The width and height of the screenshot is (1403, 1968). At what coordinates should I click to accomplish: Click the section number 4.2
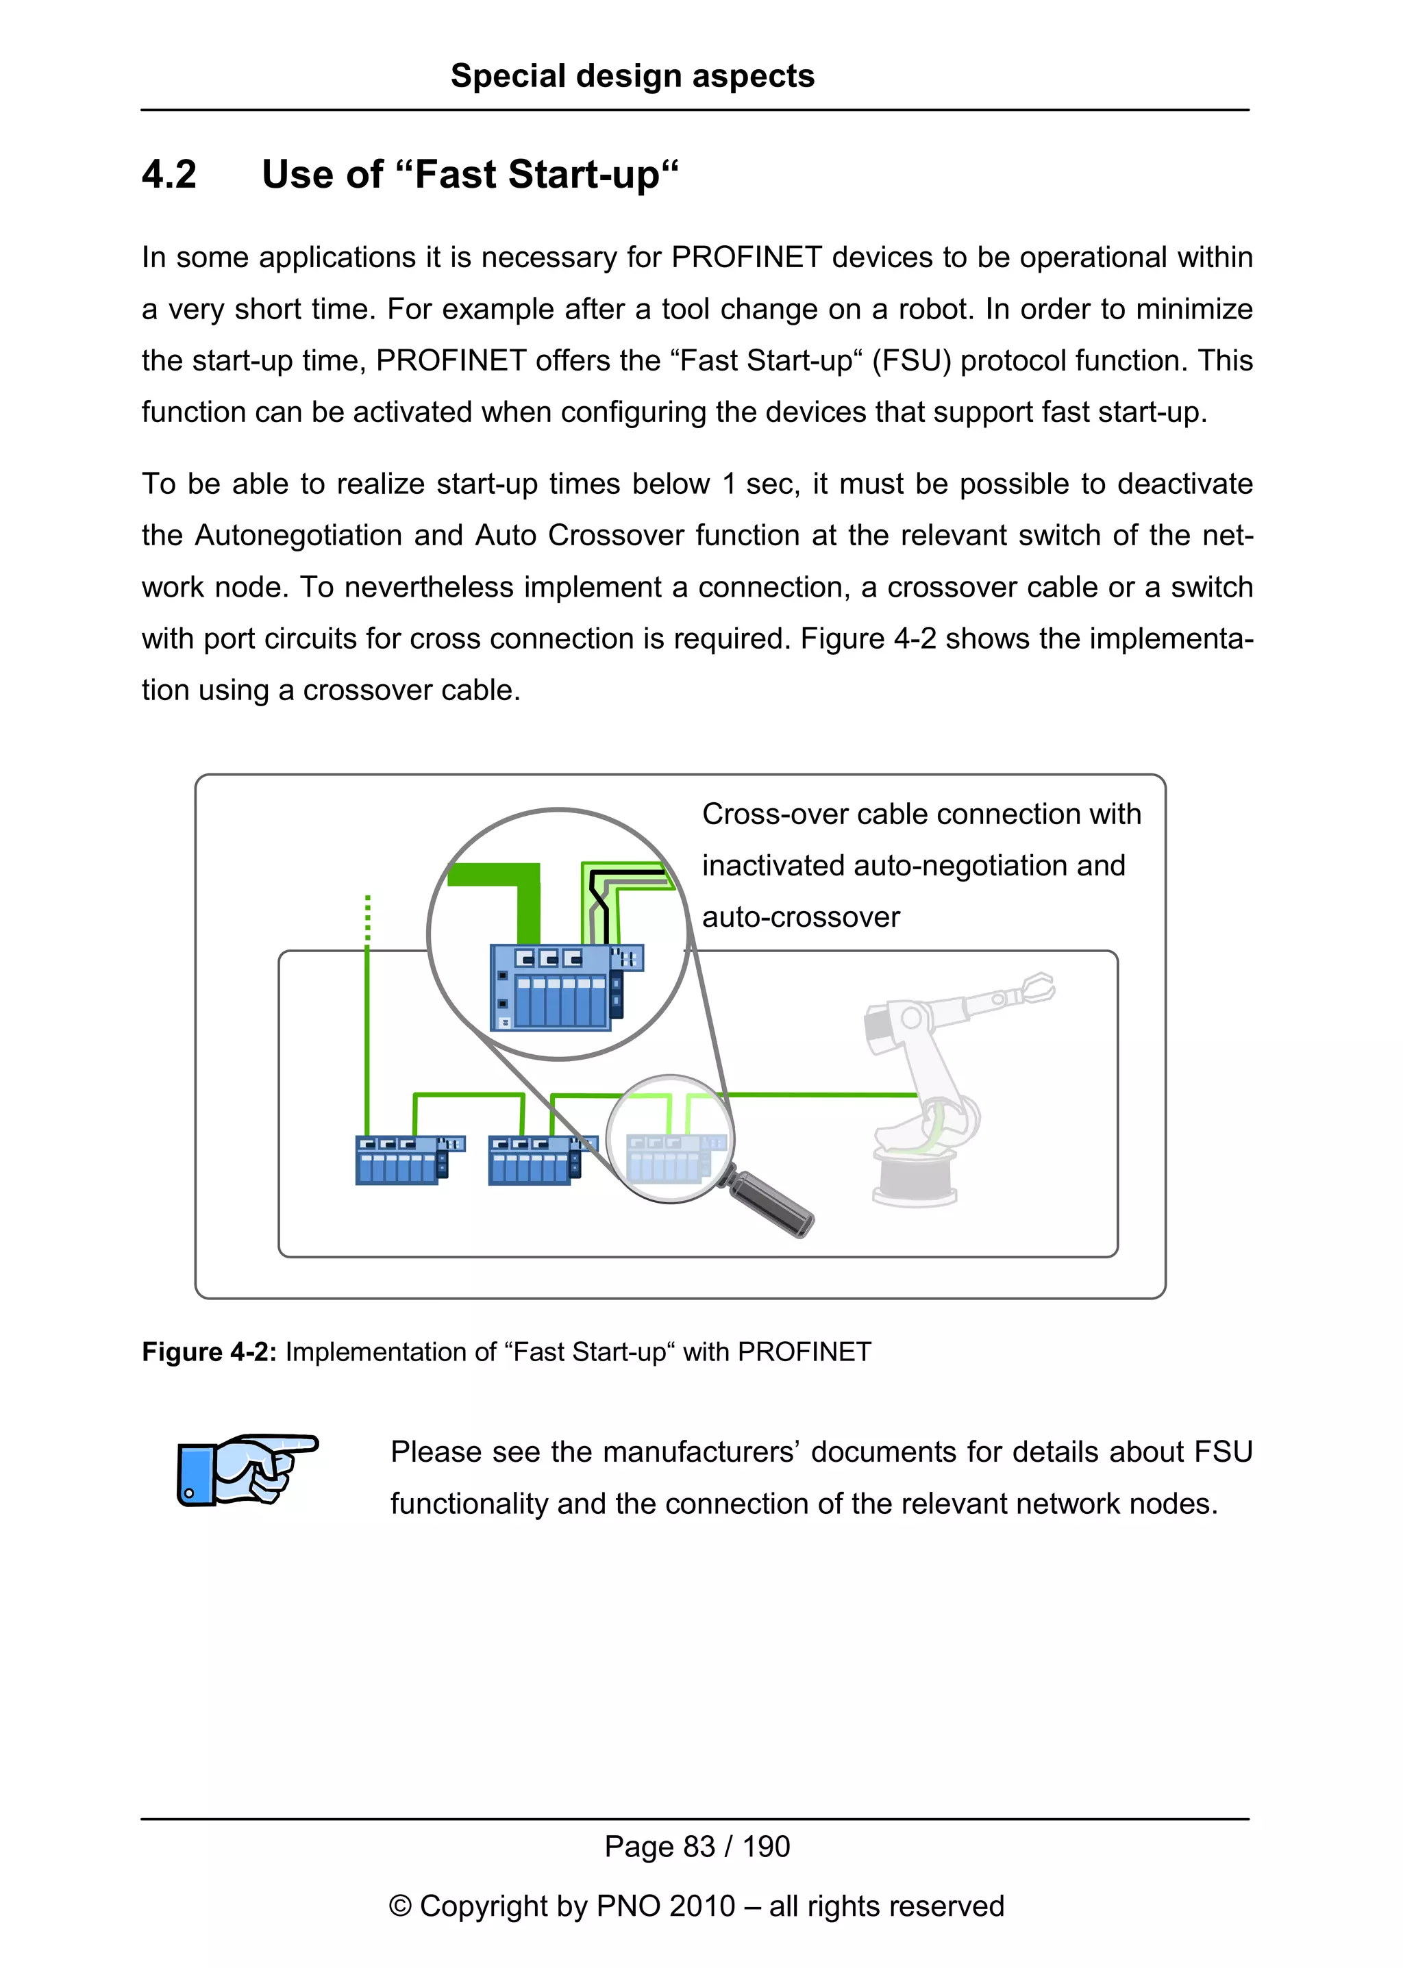169,175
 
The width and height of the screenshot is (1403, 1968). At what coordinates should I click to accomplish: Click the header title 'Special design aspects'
632,76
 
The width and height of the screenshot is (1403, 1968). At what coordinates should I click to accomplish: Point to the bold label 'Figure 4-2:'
209,1352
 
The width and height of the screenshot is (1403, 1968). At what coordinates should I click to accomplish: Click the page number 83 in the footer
699,1847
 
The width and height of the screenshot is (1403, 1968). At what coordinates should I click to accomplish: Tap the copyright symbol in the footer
400,1906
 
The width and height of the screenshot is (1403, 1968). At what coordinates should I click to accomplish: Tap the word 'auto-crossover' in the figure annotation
801,917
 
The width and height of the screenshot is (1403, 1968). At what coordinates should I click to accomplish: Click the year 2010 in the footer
701,1906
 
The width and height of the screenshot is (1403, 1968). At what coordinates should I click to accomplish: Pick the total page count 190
767,1847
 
